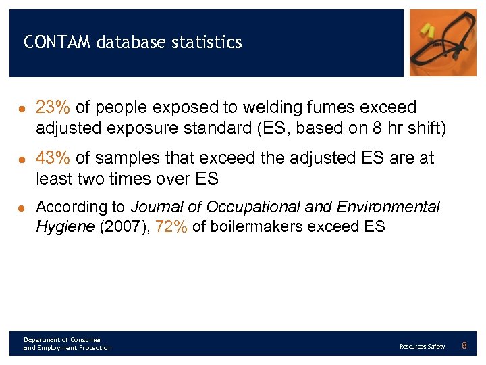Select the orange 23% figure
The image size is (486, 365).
(53, 107)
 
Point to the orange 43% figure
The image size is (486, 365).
(53, 158)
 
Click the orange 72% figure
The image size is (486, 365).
(171, 226)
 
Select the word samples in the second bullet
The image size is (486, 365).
(132, 158)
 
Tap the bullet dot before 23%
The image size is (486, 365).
(22, 108)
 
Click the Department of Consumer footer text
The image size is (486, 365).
(62, 339)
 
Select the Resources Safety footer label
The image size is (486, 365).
(422, 347)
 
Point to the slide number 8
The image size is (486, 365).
(464, 346)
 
